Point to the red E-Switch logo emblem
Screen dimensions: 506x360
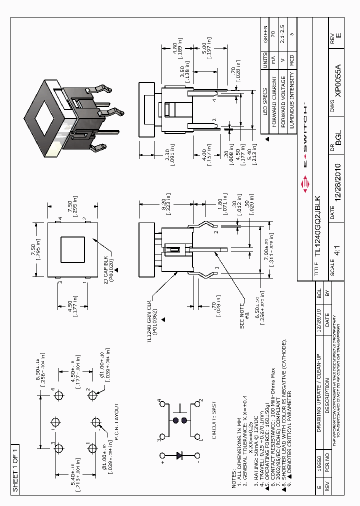306,186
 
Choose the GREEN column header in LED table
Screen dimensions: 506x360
265,31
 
